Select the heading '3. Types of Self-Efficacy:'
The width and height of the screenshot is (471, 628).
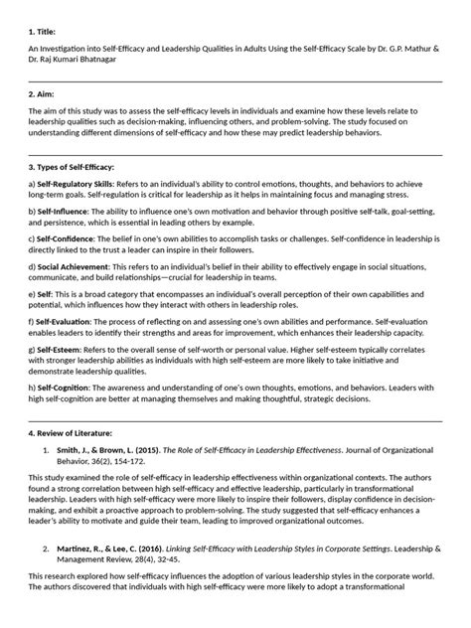pos(72,169)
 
